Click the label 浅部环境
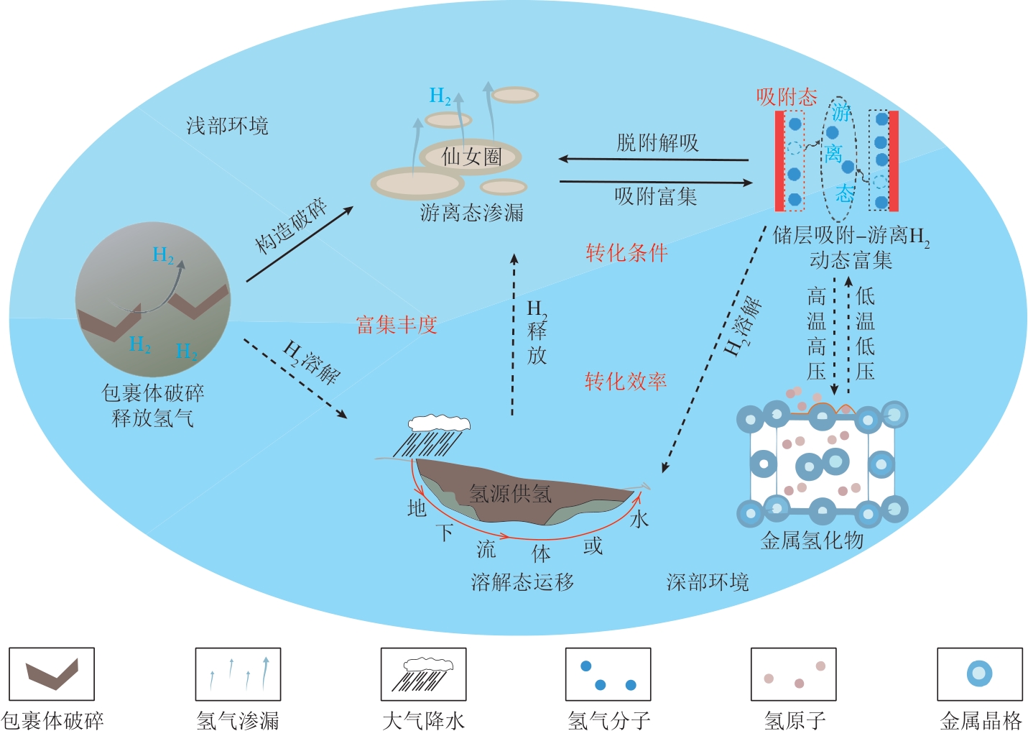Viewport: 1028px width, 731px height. click(227, 127)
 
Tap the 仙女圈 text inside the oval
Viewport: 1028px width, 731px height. click(471, 157)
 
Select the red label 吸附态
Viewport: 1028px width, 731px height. click(787, 97)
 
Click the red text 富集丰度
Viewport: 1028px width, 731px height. click(397, 325)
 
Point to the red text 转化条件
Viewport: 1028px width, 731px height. click(626, 253)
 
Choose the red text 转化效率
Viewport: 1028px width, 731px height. click(626, 382)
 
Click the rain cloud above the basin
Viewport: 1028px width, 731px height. click(439, 423)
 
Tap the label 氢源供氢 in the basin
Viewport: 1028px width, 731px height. click(510, 494)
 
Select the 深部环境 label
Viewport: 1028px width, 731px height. click(708, 582)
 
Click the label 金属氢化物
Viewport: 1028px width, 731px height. click(812, 541)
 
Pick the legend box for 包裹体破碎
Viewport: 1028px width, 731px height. click(52, 674)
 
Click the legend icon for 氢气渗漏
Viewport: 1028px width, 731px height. click(238, 674)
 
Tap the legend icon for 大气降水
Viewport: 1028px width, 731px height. click(424, 674)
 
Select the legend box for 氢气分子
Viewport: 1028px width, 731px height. click(608, 674)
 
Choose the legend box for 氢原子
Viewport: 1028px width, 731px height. click(794, 674)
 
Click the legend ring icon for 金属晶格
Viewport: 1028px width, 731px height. click(979, 673)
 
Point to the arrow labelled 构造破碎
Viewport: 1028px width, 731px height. click(300, 244)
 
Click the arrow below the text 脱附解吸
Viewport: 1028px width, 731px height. click(654, 159)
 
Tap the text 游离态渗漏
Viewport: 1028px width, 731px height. click(472, 213)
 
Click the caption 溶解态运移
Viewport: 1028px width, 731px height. click(522, 582)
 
